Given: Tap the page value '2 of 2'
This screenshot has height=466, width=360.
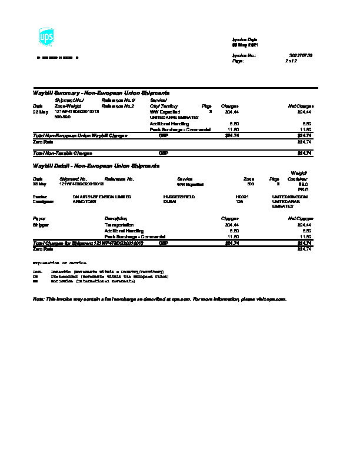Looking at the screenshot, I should point(291,61).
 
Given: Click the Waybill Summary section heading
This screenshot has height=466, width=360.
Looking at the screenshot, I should point(102,93).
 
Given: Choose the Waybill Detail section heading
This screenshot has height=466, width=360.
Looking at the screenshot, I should point(96,166).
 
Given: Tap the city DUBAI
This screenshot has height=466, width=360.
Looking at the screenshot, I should point(170,201).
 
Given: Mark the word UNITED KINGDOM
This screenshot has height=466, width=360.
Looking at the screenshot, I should point(290,196).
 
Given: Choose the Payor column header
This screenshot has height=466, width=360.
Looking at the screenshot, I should point(39,218).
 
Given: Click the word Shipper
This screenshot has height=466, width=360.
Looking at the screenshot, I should point(41,225).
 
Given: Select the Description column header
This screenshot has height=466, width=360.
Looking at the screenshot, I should point(116,218).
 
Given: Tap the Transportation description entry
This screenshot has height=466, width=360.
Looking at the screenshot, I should point(119,225).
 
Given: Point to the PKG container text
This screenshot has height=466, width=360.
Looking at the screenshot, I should point(304,189).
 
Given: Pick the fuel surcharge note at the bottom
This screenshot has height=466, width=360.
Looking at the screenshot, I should point(159,299).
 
